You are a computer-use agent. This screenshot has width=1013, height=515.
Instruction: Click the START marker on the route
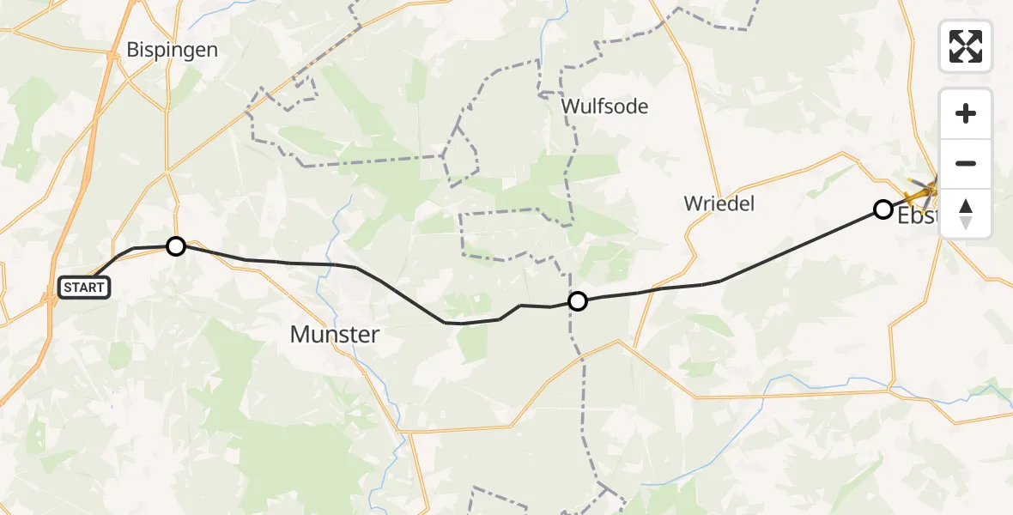(84, 288)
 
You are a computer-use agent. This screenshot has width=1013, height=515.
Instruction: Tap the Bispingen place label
(172, 50)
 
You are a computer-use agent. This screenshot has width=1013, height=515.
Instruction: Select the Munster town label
(335, 335)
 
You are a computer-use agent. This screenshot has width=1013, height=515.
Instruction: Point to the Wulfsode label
(604, 106)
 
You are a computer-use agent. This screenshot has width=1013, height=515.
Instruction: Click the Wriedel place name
(719, 203)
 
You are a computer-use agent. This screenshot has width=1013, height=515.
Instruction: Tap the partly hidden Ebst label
(917, 217)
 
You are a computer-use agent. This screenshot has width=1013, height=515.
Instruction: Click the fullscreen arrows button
(966, 46)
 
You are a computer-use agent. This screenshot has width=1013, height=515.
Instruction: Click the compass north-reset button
(966, 214)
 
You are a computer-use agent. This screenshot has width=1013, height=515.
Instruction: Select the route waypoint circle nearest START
(175, 246)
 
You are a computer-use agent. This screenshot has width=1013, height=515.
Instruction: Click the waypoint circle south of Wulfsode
(578, 301)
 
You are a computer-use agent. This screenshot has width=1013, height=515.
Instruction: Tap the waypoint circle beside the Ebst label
(883, 209)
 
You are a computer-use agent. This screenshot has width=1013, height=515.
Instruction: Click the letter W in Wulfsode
(570, 106)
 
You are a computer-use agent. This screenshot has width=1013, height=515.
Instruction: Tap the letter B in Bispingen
(133, 50)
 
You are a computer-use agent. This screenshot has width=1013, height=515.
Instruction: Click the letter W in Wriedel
(692, 203)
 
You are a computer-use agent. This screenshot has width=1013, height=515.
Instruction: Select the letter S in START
(67, 288)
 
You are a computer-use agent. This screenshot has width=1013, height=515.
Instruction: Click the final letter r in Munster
(374, 335)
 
